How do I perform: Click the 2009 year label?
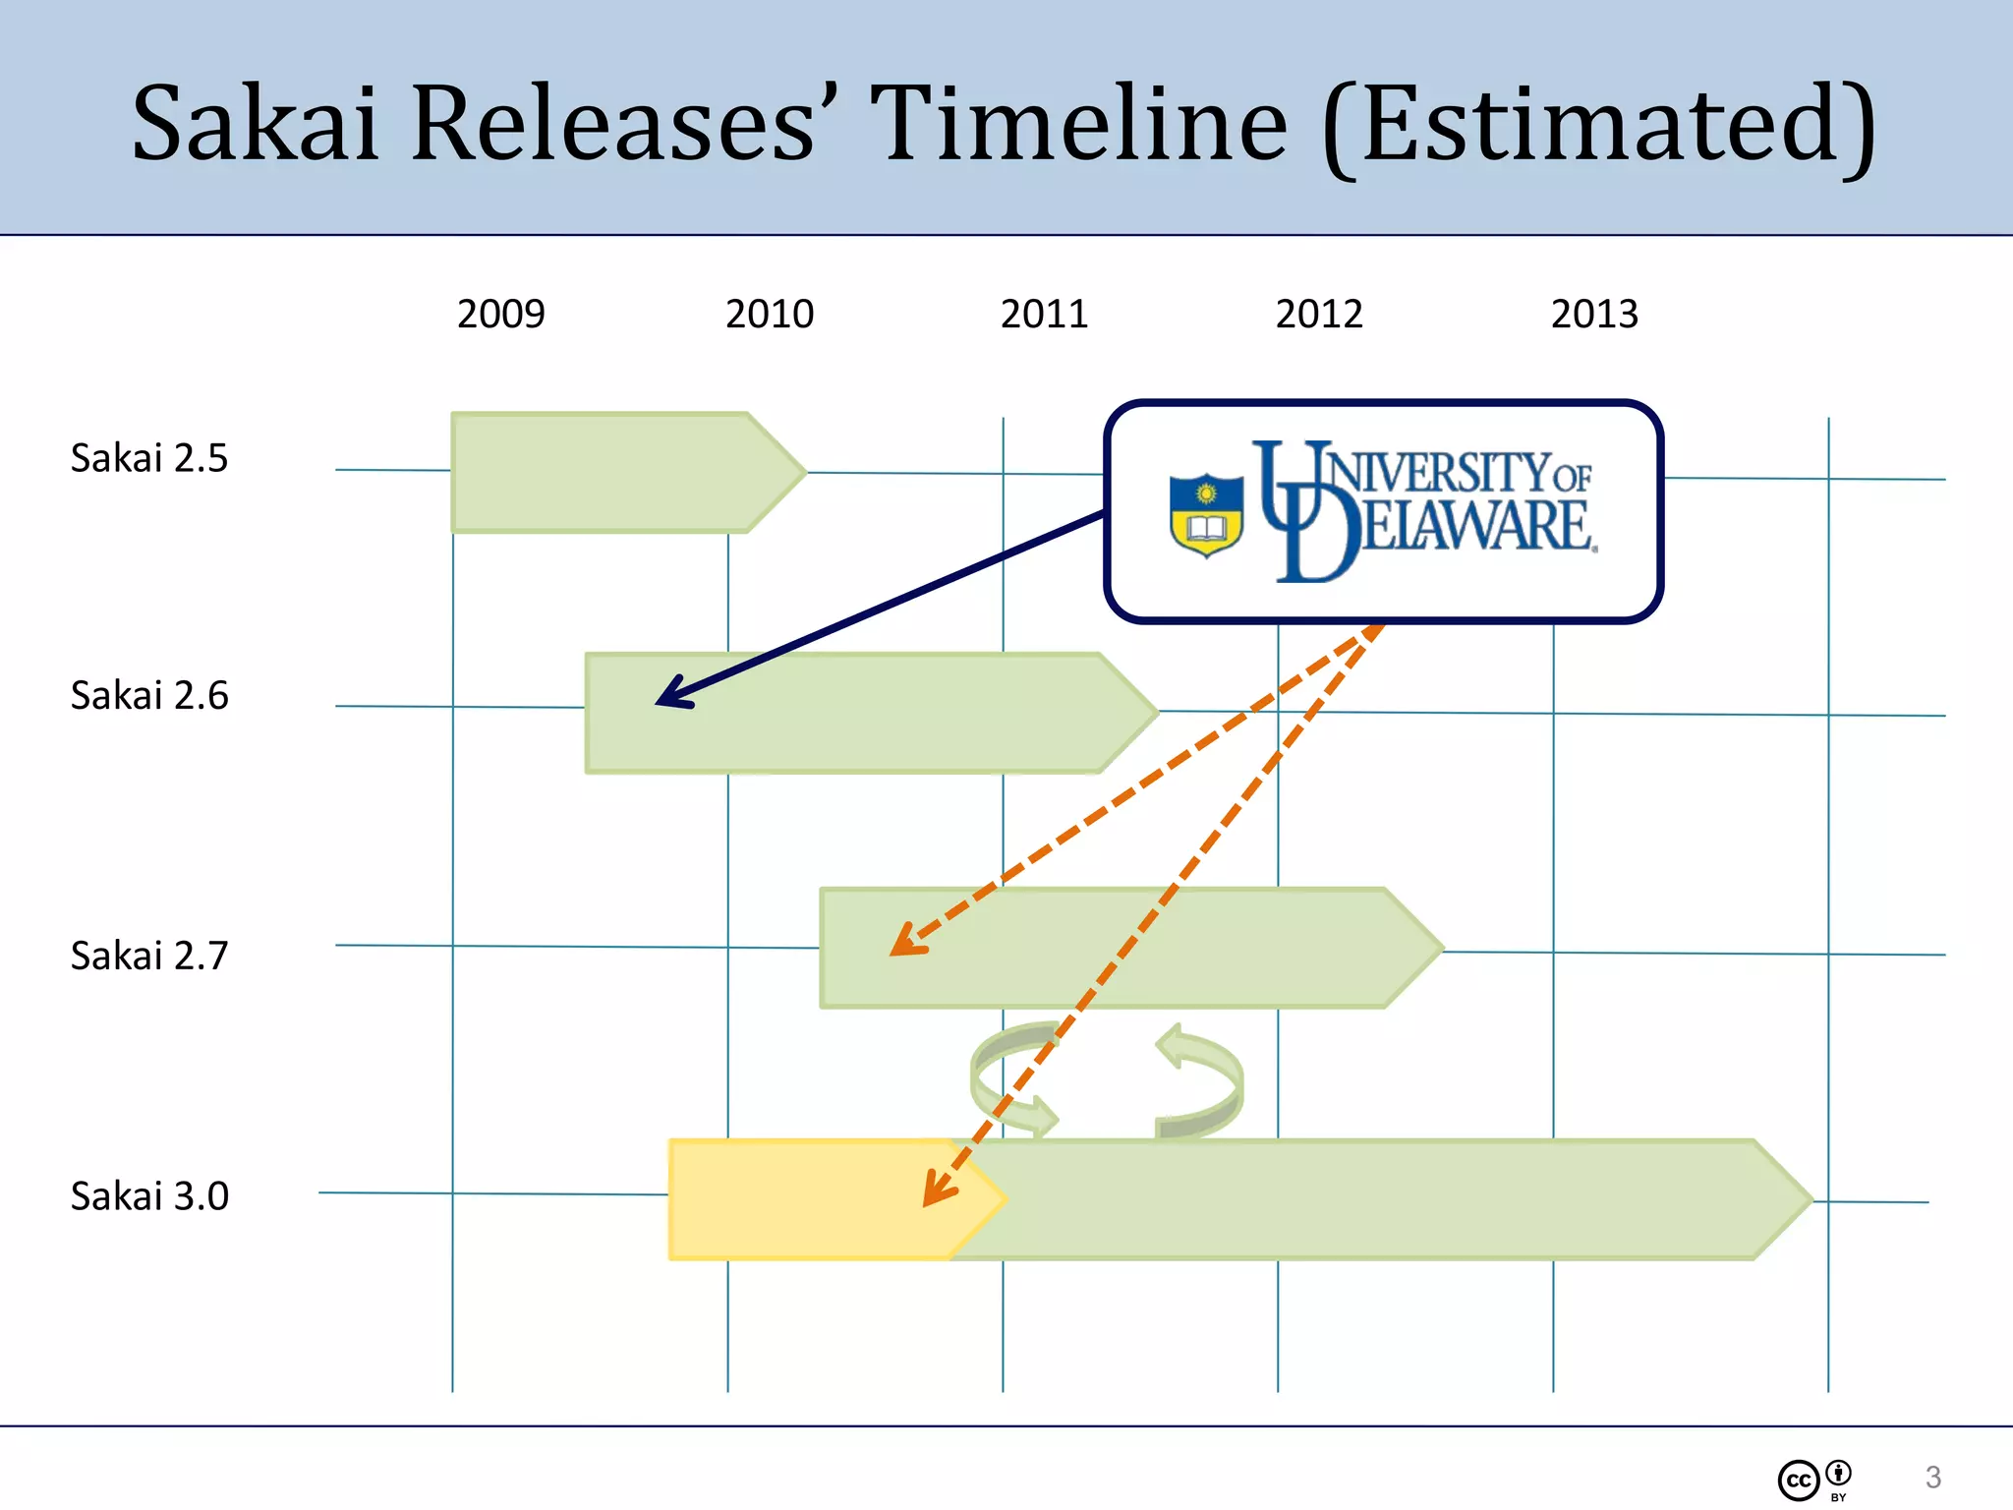point(500,315)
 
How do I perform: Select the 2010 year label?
point(770,315)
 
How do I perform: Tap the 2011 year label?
point(1044,315)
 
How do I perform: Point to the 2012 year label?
point(1319,315)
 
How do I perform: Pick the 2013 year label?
point(1594,315)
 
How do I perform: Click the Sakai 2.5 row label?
point(149,458)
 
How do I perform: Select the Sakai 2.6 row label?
point(149,696)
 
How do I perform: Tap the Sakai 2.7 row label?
point(149,956)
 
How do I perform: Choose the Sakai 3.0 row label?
point(149,1196)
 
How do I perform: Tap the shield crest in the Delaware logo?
point(1206,514)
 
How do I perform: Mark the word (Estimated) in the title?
point(1600,126)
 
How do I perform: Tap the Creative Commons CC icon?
point(1799,1481)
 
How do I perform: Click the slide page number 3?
point(1932,1477)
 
